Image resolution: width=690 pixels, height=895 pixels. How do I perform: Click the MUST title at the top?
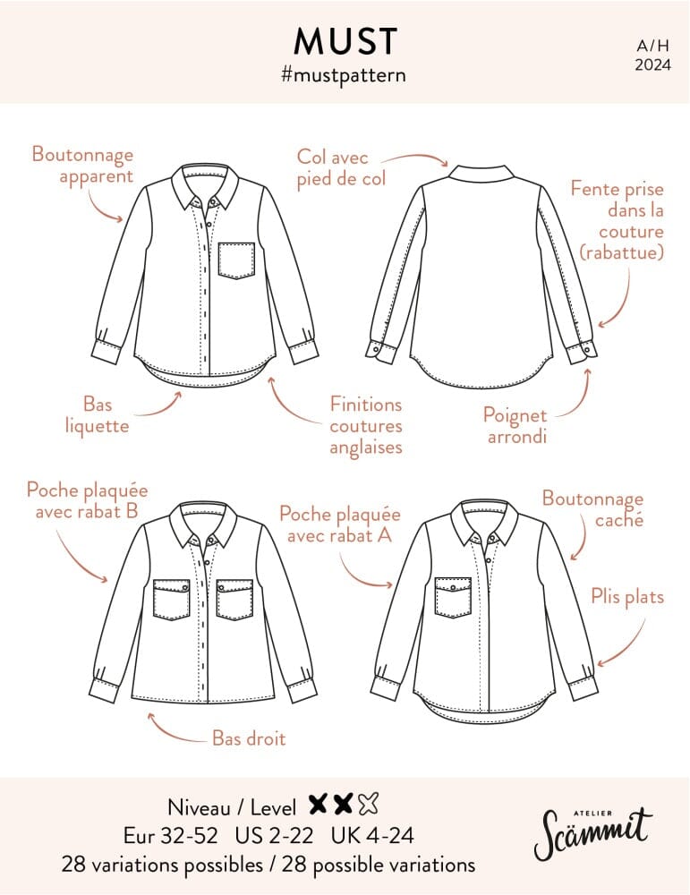click(345, 41)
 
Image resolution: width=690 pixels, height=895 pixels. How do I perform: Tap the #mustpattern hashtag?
click(344, 75)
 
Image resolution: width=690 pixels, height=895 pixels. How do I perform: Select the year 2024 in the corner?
click(653, 64)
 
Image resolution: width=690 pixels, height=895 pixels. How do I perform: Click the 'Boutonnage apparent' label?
click(82, 165)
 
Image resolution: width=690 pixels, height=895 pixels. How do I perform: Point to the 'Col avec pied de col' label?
click(341, 168)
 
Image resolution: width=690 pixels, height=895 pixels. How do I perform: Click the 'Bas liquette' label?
click(97, 415)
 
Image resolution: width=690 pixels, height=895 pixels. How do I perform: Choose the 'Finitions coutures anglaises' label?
click(366, 426)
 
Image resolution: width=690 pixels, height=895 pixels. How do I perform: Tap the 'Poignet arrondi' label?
click(515, 426)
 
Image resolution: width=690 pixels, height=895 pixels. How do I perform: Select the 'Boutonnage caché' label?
click(592, 508)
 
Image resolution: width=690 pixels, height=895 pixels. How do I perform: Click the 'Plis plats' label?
click(627, 597)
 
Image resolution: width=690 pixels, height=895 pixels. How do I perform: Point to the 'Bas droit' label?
click(248, 738)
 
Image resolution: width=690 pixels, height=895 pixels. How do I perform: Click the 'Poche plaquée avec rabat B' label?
click(88, 500)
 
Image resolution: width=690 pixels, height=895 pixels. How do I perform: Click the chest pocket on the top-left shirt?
click(236, 260)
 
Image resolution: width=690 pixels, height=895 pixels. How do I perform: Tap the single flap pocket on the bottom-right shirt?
click(453, 598)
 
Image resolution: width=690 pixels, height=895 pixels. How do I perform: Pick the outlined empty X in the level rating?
click(369, 805)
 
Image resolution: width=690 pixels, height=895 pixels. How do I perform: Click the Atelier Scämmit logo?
click(592, 833)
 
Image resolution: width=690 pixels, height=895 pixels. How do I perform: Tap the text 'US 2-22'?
click(274, 836)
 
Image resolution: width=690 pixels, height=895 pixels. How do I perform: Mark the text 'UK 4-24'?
click(372, 836)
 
